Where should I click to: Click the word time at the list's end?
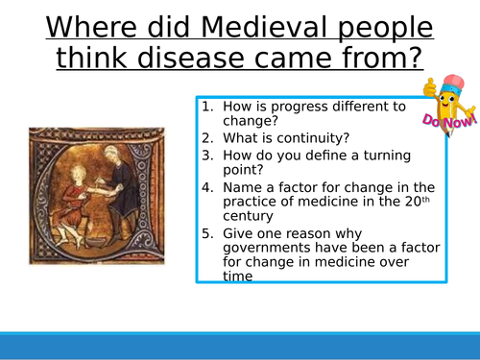(239, 277)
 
